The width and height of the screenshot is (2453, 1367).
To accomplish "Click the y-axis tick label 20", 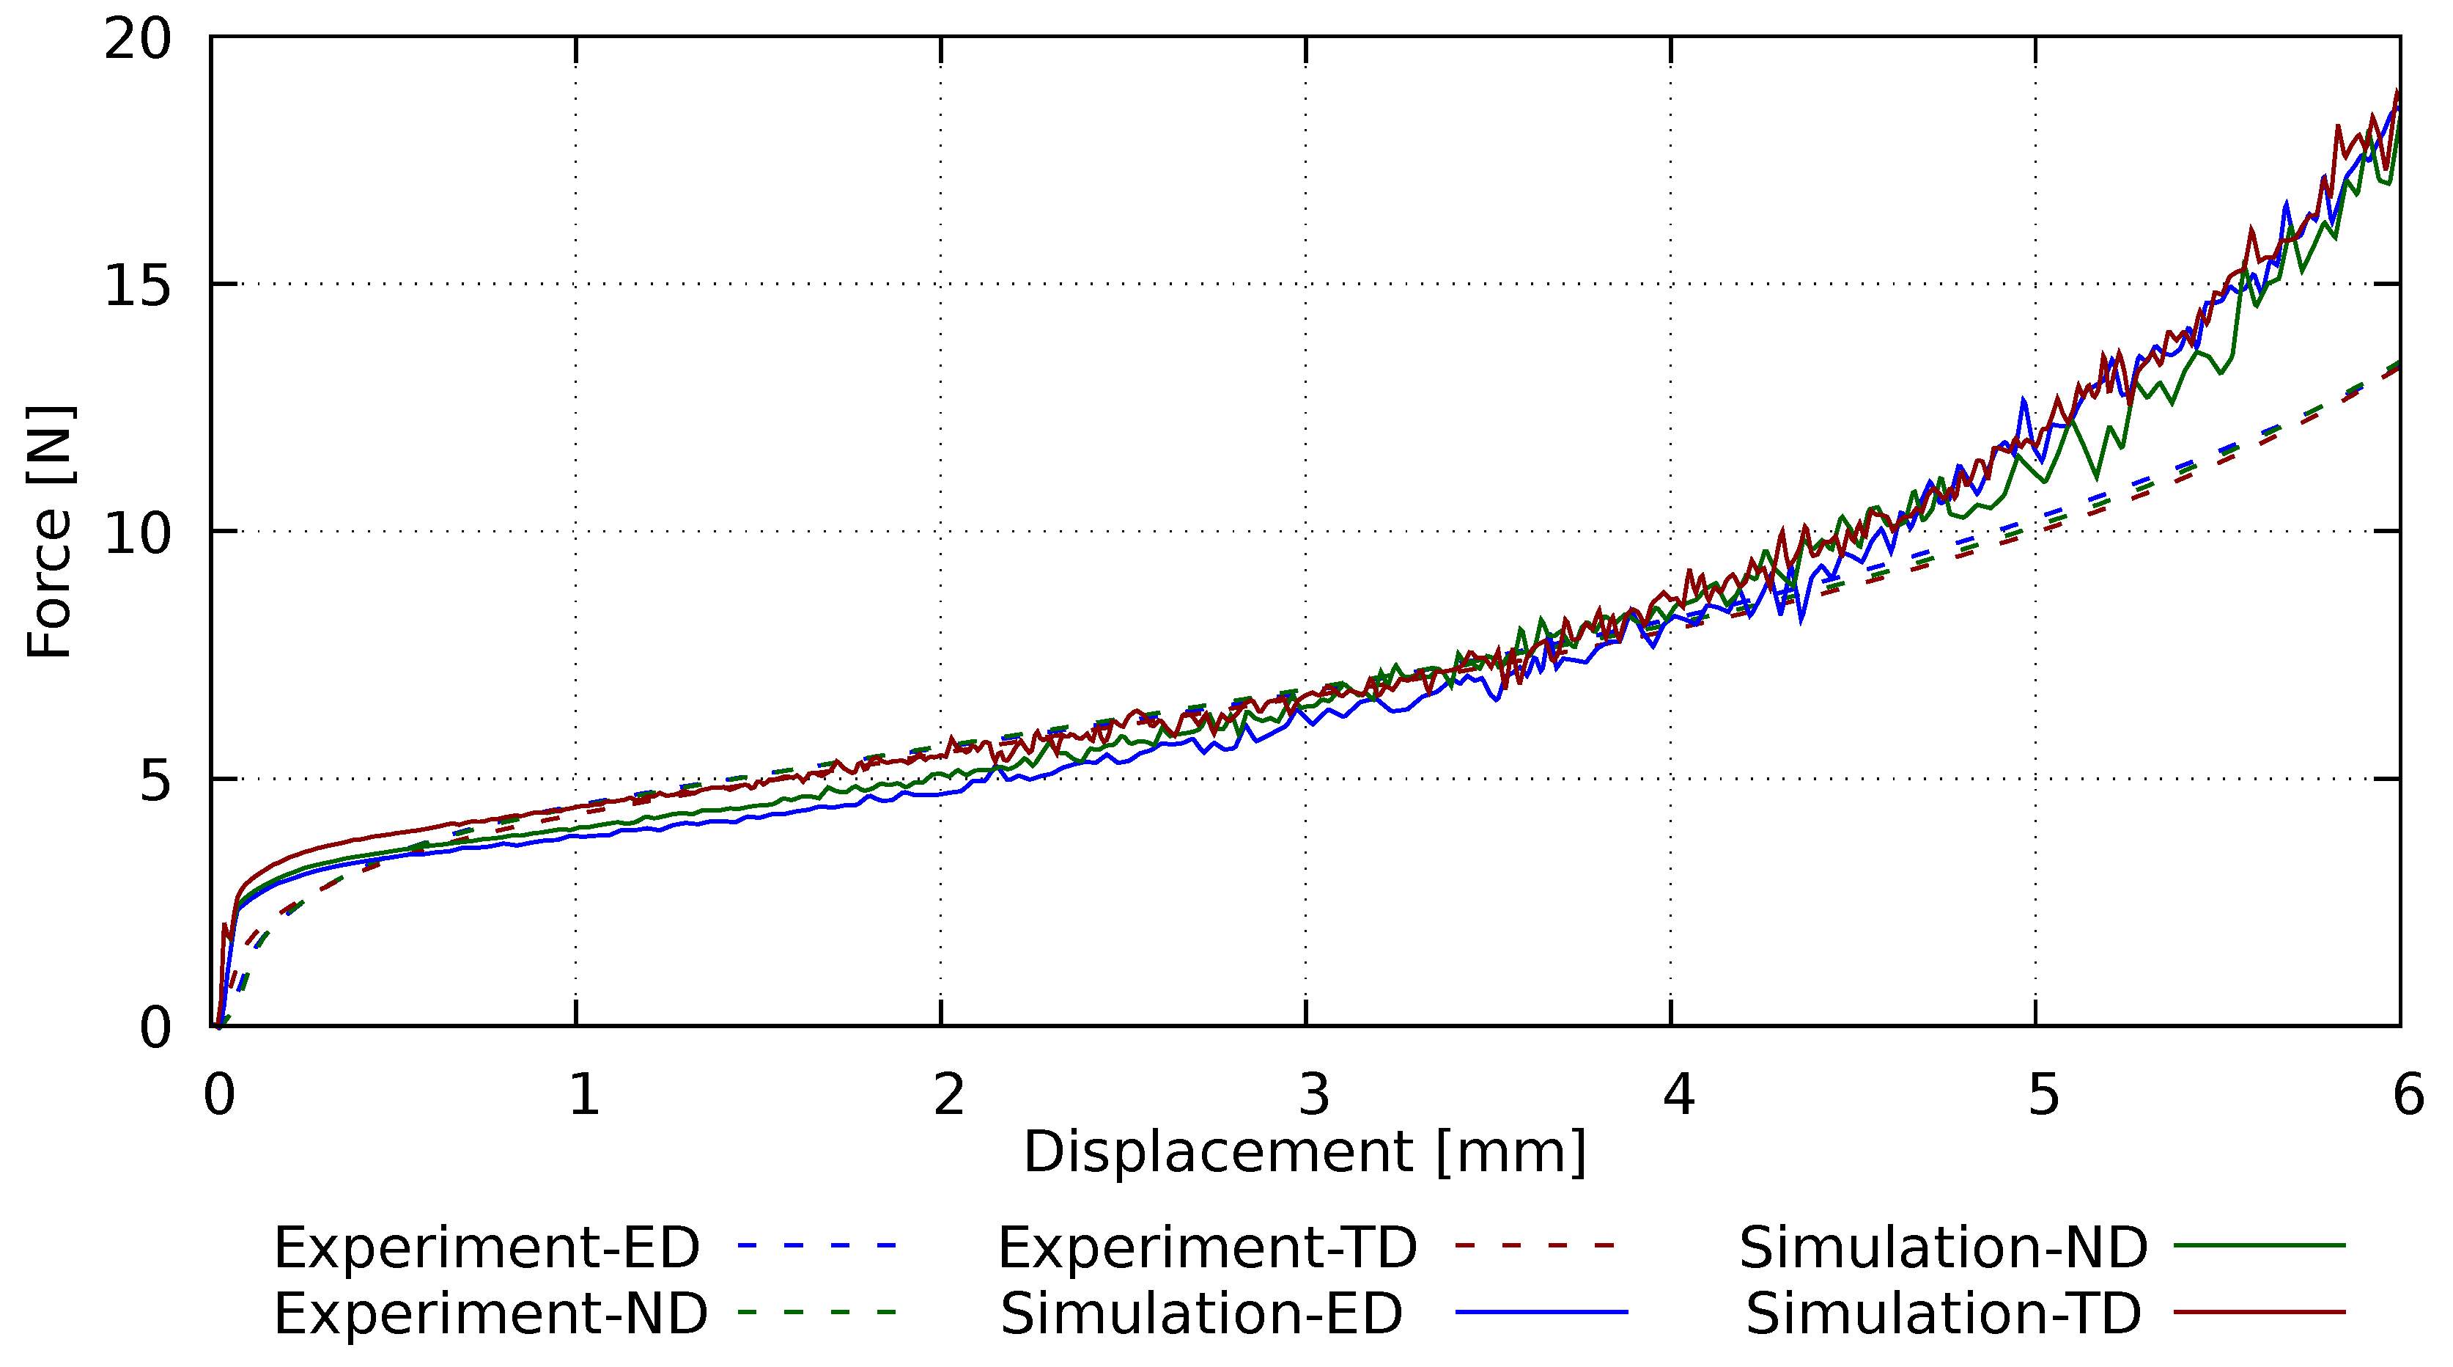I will click(137, 40).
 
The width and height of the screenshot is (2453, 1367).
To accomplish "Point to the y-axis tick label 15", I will click(137, 285).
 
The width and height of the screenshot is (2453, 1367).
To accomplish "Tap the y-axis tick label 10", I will click(137, 532).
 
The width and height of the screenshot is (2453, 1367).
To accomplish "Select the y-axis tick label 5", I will click(155, 781).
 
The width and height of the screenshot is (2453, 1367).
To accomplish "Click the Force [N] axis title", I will click(50, 532).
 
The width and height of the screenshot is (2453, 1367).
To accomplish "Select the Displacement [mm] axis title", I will click(1305, 1153).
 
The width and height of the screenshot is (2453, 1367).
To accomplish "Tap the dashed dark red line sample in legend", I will click(1535, 1245).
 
